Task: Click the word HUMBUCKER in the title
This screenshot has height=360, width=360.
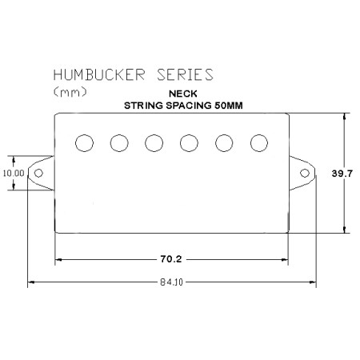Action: pos(99,74)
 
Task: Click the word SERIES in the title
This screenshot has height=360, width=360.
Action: pos(185,74)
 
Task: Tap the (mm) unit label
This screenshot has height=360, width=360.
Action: pos(70,92)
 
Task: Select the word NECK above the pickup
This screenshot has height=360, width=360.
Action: pos(183,94)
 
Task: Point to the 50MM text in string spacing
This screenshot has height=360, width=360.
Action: pos(229,106)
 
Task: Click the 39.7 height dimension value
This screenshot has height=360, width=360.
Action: pos(342,174)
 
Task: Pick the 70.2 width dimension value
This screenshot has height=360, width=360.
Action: pos(171,259)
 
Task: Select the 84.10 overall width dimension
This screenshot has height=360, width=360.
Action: pos(172,282)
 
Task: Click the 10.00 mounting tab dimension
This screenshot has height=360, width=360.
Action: pos(14,173)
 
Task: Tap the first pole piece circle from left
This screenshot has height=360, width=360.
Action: pos(84,143)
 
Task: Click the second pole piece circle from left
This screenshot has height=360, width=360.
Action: pos(119,143)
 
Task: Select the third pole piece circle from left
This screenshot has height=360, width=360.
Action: pos(154,143)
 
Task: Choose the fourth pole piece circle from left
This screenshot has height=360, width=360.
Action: pos(189,143)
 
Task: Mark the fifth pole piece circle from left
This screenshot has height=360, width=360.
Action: pos(224,143)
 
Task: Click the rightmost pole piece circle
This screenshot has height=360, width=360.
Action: pos(259,143)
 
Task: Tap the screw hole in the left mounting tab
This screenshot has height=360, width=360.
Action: pos(38,173)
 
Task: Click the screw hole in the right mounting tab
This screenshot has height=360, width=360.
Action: pos(305,173)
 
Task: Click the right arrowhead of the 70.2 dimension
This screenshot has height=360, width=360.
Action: pos(285,259)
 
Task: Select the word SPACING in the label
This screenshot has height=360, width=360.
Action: pos(189,106)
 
